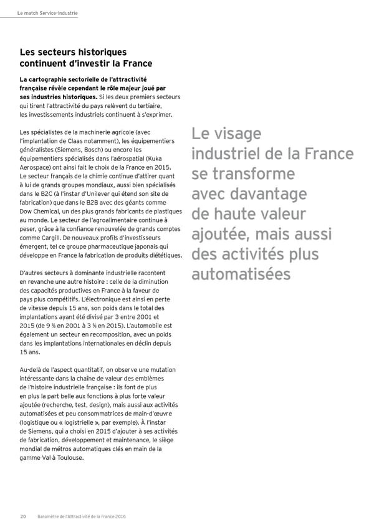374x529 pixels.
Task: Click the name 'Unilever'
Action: [x=82, y=195]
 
